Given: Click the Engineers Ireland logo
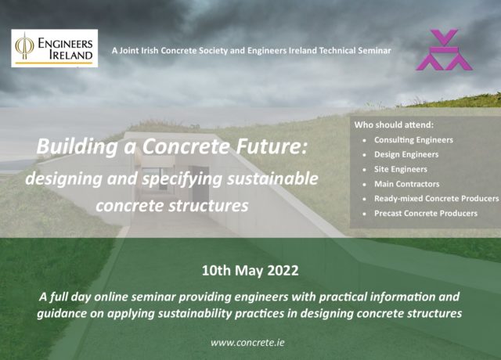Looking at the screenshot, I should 54,49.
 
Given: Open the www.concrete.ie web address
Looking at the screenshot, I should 250,342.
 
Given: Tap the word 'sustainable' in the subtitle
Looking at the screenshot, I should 272,178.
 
